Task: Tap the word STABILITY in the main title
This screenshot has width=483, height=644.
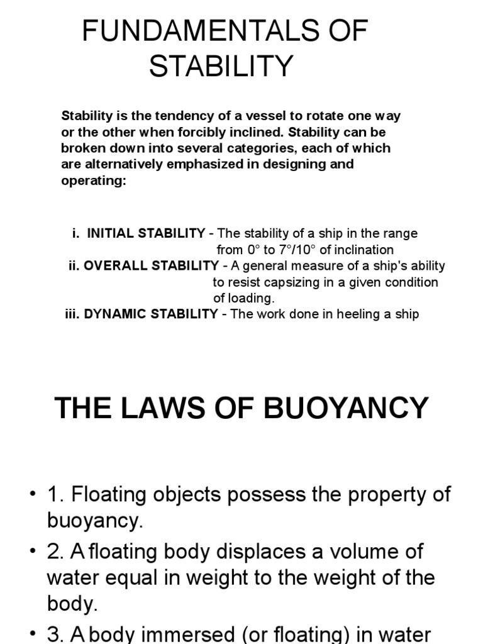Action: click(221, 65)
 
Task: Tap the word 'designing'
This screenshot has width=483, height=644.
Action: click(295, 164)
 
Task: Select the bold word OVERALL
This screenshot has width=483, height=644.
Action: click(111, 265)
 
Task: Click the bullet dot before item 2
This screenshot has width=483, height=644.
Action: click(32, 552)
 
